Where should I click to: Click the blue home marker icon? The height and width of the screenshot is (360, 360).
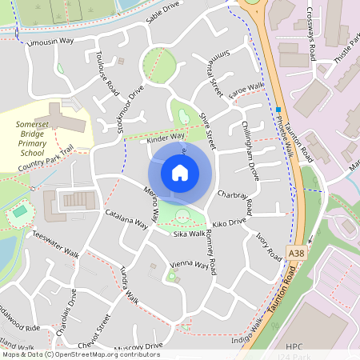pyautogui.click(x=180, y=173)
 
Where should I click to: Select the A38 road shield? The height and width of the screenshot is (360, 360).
pyautogui.click(x=297, y=253)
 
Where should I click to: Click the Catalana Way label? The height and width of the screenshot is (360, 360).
pyautogui.click(x=126, y=220)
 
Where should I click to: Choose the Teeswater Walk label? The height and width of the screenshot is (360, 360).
pyautogui.click(x=56, y=244)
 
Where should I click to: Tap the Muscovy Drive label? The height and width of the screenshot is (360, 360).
pyautogui.click(x=138, y=346)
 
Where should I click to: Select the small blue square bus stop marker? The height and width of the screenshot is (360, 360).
pyautogui.click(x=278, y=109)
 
